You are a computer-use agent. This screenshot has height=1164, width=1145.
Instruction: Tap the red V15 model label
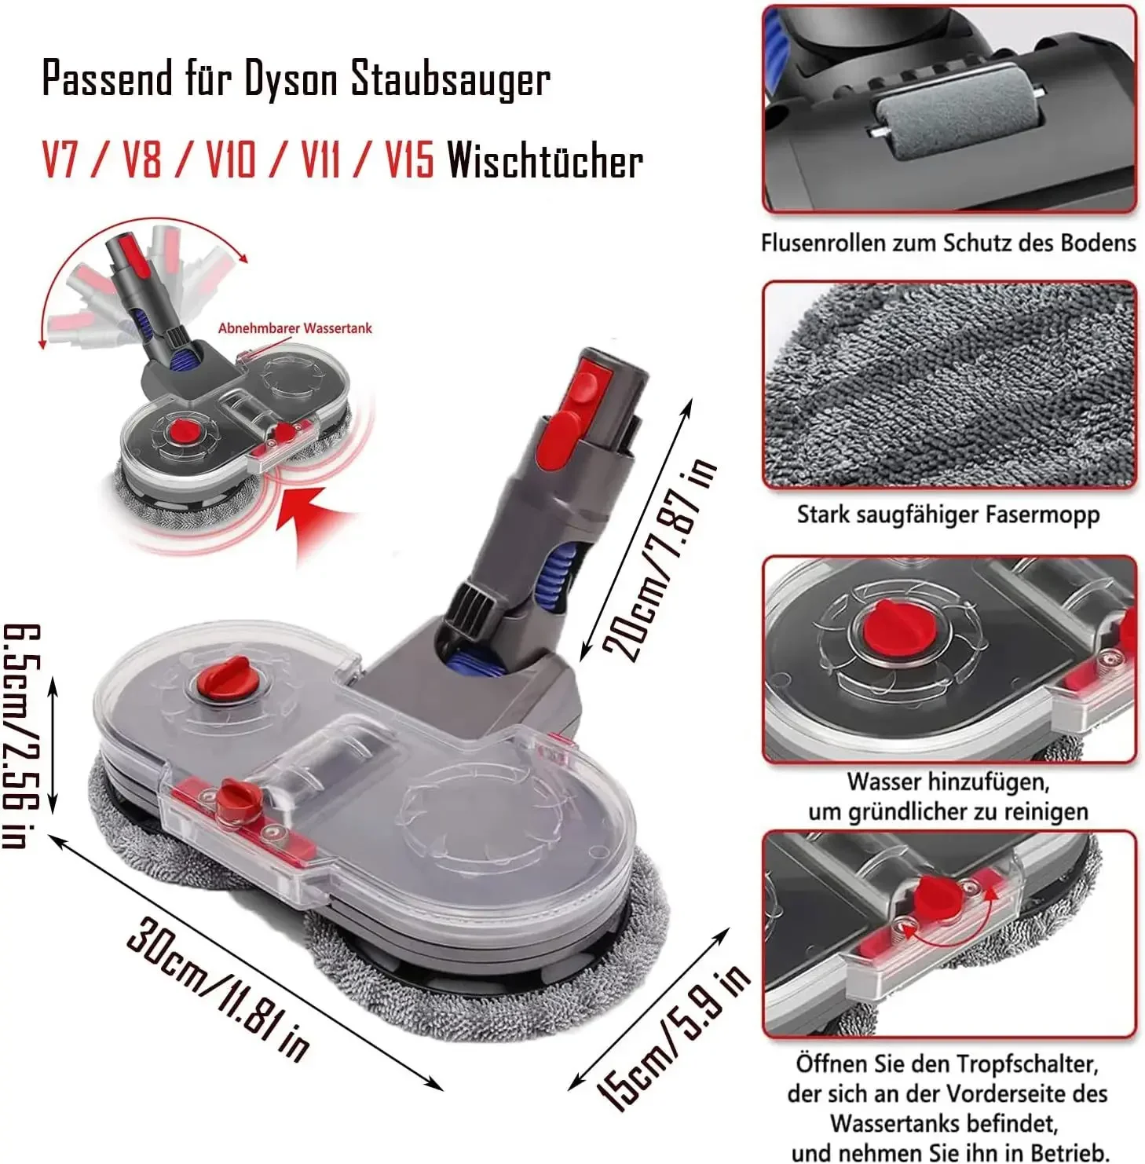[409, 161]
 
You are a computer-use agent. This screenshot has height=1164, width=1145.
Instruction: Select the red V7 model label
[60, 161]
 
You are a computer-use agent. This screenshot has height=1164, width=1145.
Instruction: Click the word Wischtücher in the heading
[545, 161]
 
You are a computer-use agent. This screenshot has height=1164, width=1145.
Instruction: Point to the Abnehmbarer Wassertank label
[294, 328]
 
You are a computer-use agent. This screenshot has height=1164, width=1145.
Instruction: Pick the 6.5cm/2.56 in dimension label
[20, 736]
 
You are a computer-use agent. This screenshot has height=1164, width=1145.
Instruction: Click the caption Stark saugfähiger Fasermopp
[948, 514]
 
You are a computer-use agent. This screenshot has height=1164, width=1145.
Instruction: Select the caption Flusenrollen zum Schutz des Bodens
[948, 243]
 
